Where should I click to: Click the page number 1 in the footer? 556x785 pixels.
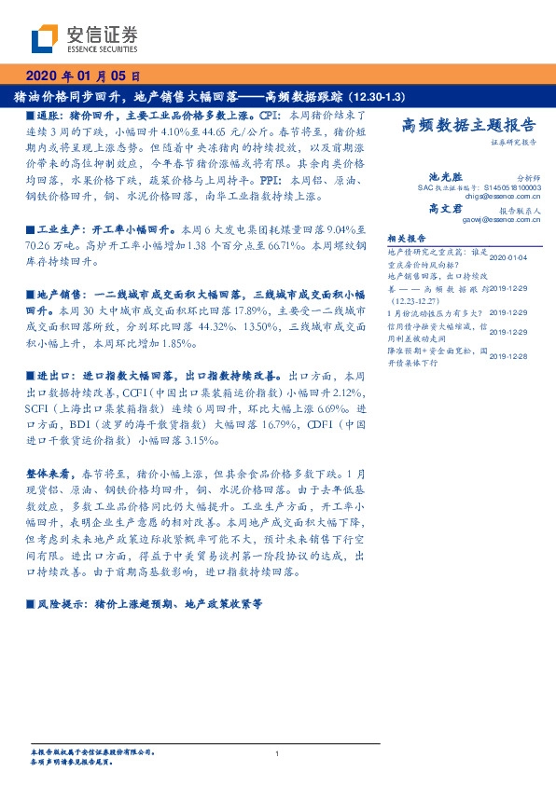tap(278, 753)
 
